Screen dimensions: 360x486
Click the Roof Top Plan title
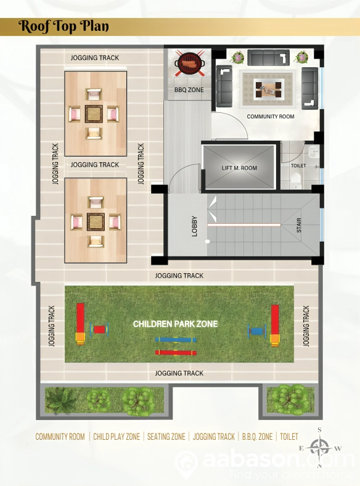tap(63, 27)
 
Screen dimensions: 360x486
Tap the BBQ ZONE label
tap(189, 90)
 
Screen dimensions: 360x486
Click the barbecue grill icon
tap(189, 63)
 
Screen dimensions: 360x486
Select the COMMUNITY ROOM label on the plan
tap(271, 117)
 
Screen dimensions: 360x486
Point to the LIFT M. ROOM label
tap(239, 168)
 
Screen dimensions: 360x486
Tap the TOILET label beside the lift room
tap(298, 166)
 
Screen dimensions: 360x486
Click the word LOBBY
tap(195, 226)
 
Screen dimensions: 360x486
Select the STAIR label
tap(299, 225)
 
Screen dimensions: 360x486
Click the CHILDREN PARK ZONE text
tap(175, 324)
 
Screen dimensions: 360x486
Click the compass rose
tap(320, 447)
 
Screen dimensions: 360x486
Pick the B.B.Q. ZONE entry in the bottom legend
tap(257, 437)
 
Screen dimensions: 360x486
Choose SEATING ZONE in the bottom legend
tap(166, 437)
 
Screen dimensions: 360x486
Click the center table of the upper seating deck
tap(94, 113)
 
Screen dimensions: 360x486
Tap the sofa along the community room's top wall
tap(268, 57)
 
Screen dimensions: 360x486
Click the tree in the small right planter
tap(289, 398)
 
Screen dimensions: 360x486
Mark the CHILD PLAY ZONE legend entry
tap(117, 437)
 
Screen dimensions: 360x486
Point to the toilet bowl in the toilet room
tap(296, 179)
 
